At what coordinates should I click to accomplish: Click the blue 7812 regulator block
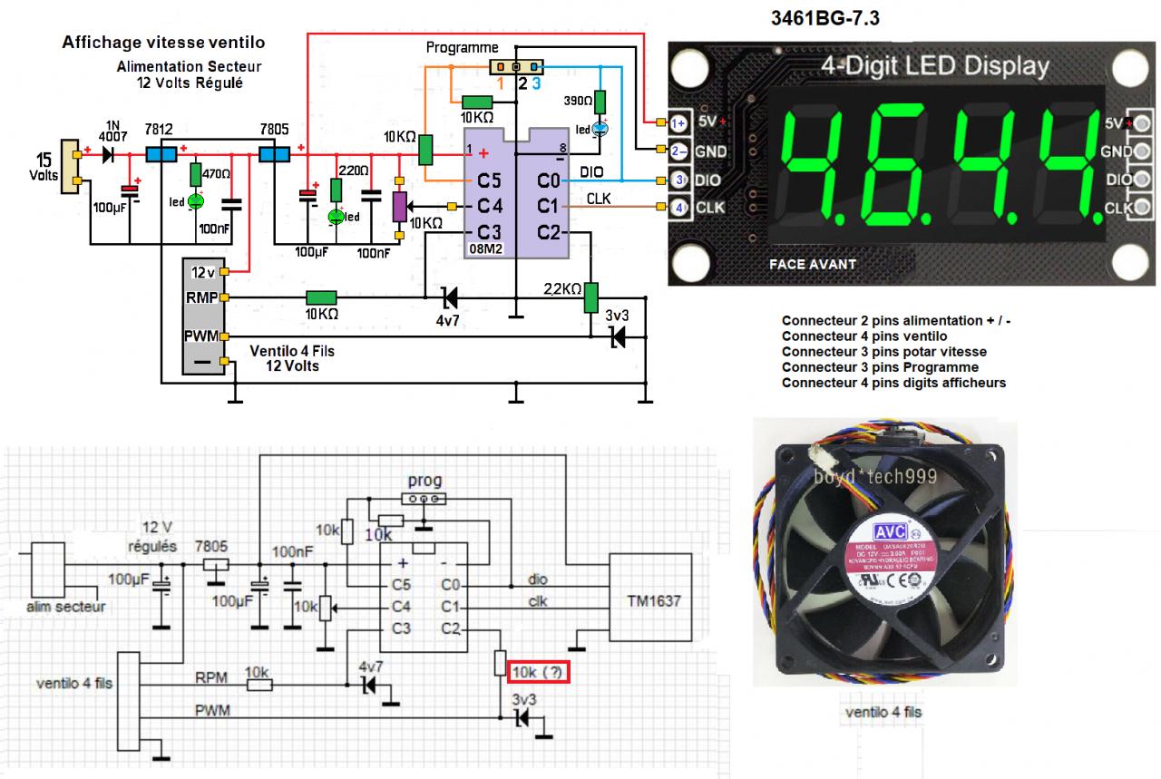(161, 154)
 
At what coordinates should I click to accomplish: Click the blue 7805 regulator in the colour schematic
(273, 154)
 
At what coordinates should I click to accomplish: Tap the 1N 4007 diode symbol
(109, 154)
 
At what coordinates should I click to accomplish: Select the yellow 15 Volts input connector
(68, 167)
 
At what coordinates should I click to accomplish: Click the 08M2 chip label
(483, 247)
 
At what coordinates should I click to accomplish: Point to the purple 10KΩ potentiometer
(397, 206)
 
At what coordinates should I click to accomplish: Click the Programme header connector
(515, 67)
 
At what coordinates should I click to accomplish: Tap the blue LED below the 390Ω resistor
(600, 130)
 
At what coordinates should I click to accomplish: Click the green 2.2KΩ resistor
(590, 296)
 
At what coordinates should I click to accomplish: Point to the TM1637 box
(653, 600)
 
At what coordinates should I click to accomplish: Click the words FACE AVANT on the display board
(812, 265)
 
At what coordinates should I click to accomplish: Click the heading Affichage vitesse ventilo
(163, 43)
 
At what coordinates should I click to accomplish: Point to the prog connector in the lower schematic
(424, 498)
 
